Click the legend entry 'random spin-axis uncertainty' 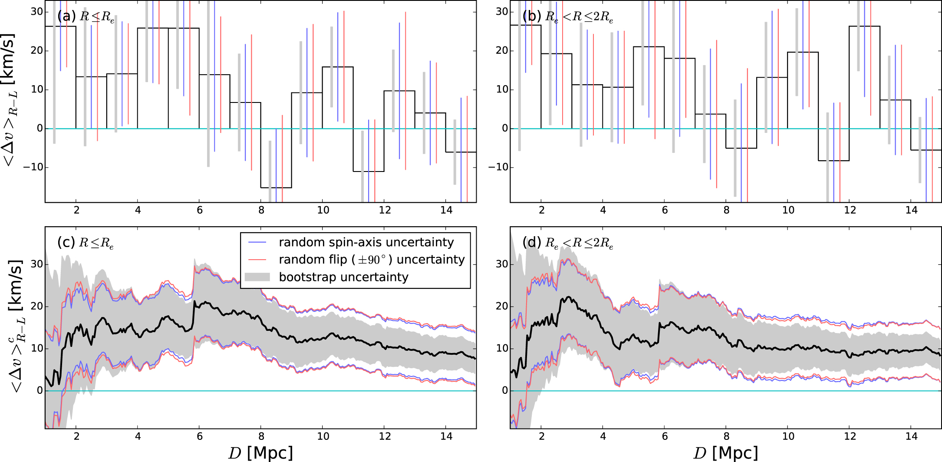(366, 242)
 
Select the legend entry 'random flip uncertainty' (372, 260)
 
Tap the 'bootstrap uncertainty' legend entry (343, 277)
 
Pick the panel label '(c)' (66, 242)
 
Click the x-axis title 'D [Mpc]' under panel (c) (260, 453)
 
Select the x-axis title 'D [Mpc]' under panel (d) (726, 453)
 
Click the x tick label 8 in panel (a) (261, 210)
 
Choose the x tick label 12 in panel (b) (850, 210)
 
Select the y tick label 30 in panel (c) (36, 264)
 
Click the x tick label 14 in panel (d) (911, 436)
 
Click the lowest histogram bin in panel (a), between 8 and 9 (276, 158)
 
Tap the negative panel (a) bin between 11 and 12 (369, 150)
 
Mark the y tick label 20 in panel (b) (502, 50)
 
